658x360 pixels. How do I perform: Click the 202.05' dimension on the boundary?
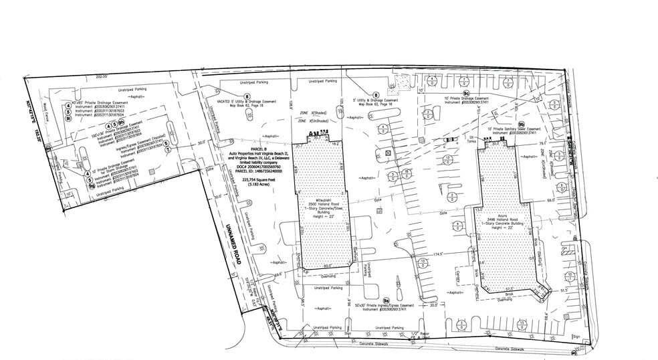tap(102, 77)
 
